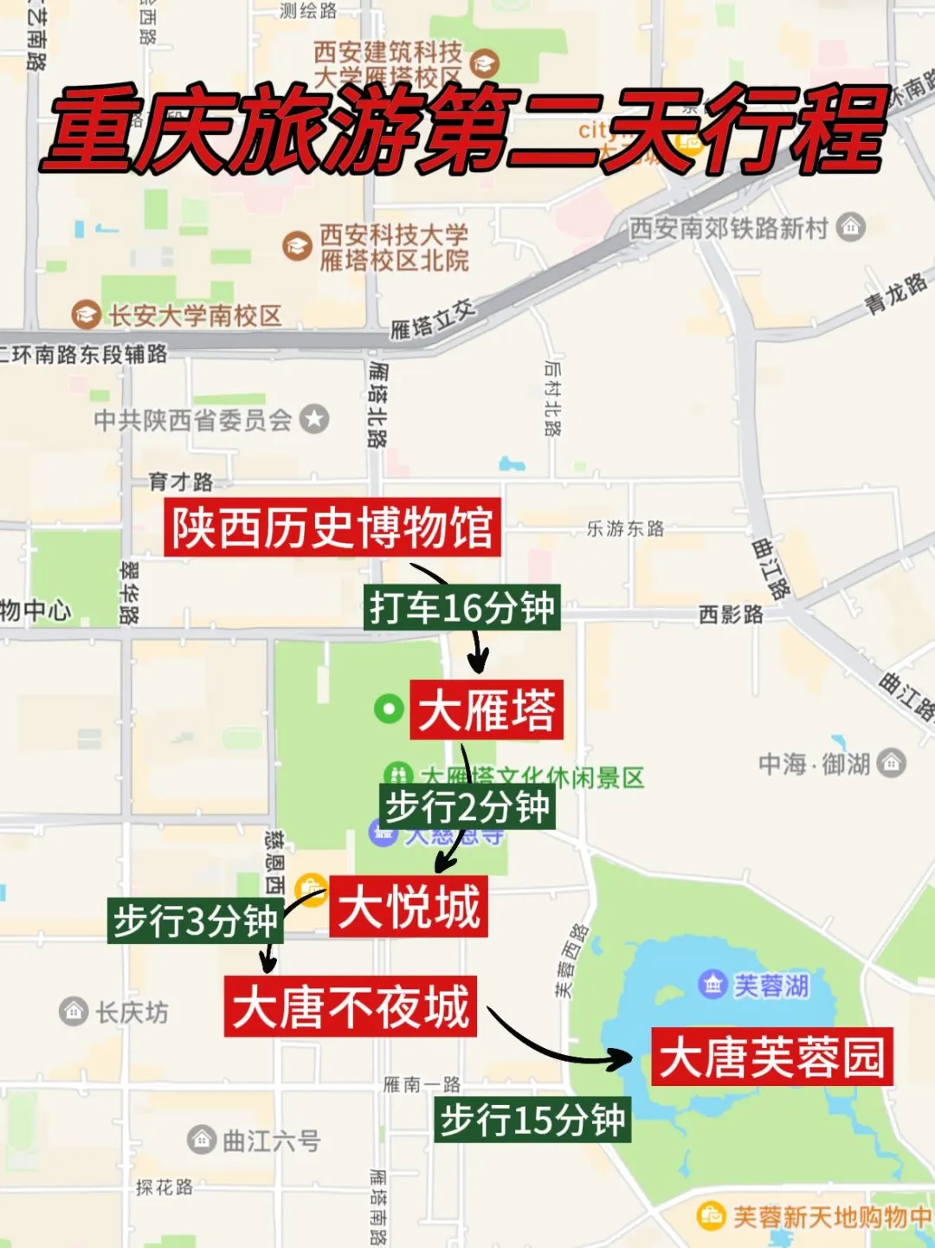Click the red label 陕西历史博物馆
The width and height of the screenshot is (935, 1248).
pos(332,527)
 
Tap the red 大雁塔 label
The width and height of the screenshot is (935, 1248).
pos(487,710)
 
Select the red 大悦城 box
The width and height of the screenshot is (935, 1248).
pos(409,907)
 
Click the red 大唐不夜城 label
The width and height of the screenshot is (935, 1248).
pos(351,1006)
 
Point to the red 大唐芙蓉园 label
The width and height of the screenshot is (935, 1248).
pos(771,1057)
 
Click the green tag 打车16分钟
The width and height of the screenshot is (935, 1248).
pos(461,607)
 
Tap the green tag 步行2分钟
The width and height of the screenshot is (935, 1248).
pos(467,807)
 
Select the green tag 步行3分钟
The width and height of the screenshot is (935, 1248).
pos(196,921)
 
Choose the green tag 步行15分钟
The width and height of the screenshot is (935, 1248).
pos(532,1120)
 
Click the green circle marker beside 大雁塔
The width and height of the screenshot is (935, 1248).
pos(389,709)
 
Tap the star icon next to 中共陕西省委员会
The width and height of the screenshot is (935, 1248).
pos(314,419)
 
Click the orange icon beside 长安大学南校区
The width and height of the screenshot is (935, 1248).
pos(86,314)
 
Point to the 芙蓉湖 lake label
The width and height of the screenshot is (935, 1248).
pos(771,986)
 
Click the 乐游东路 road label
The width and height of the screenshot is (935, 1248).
pos(625,528)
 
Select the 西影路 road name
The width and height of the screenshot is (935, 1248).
pos(732,614)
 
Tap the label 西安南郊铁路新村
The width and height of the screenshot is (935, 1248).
pos(729,228)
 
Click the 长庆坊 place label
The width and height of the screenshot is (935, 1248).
pos(132,1012)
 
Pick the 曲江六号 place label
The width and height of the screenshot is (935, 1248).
pos(271,1141)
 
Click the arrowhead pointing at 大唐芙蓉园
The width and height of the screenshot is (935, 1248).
pos(622,1057)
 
